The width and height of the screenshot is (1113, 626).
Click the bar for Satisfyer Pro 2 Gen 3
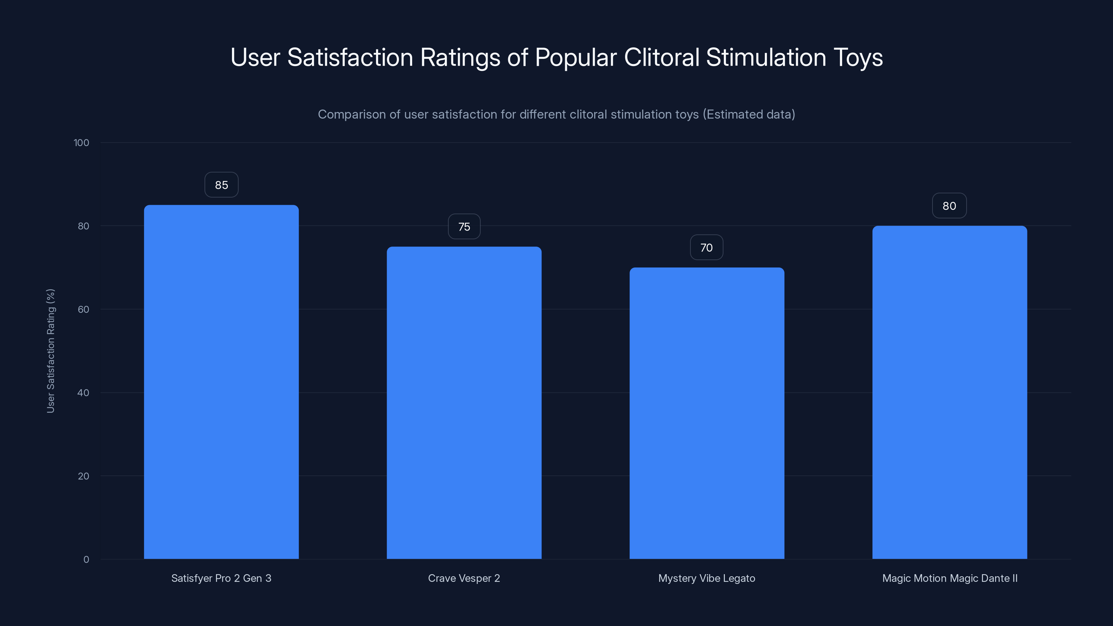tap(221, 382)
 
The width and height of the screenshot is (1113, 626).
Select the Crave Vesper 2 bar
tap(464, 403)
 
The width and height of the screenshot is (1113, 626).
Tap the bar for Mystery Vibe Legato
tap(707, 413)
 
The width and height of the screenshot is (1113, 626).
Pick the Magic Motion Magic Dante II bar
tap(950, 392)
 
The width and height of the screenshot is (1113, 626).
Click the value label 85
tap(221, 185)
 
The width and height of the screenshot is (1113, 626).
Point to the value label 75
tap(464, 227)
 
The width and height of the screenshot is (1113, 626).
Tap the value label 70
tap(706, 248)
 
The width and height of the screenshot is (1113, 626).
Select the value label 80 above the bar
tap(949, 206)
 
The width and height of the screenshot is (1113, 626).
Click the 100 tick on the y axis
tap(81, 143)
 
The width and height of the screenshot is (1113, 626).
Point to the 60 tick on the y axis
tap(83, 309)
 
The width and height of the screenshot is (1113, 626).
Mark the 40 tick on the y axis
tap(83, 393)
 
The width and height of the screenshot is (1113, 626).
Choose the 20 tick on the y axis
tap(83, 476)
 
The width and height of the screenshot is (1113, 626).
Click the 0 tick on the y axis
tap(86, 560)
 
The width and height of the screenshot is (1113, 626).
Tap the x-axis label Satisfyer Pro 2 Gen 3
tap(221, 578)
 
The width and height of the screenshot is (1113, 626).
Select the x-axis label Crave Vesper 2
tap(464, 578)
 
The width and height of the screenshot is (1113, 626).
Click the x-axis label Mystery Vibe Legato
tap(707, 578)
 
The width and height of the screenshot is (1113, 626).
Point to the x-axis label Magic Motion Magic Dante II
tap(950, 578)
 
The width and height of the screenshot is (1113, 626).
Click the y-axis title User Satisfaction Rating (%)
tap(50, 351)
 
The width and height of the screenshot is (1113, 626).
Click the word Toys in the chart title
tap(858, 57)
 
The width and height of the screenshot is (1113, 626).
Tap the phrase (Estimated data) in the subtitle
tap(749, 114)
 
